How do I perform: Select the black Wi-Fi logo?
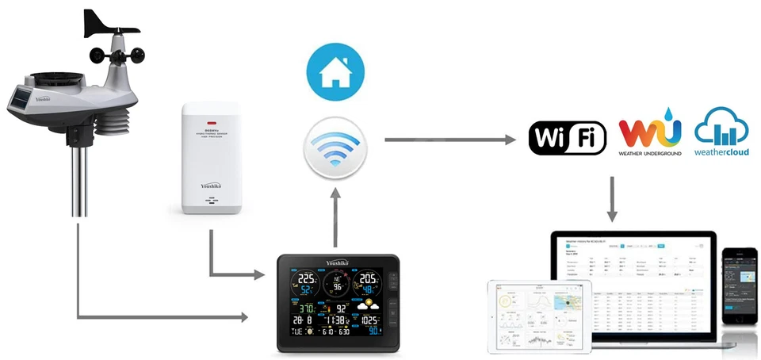click(568, 138)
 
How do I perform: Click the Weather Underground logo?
click(650, 136)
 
